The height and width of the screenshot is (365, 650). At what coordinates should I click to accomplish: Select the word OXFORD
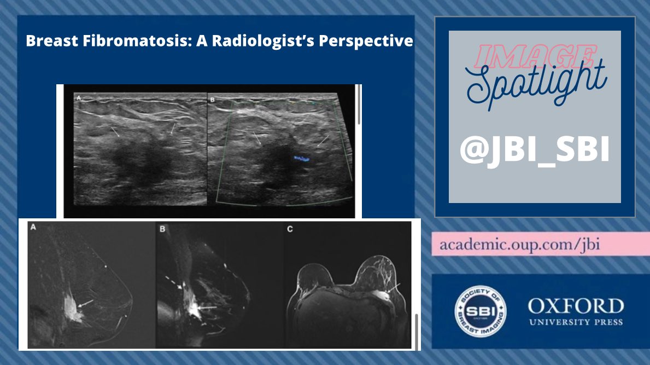[x=575, y=306]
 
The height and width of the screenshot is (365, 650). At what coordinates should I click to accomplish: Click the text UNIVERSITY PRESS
[x=575, y=322]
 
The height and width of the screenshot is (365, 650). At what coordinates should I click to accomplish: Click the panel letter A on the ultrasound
[x=78, y=99]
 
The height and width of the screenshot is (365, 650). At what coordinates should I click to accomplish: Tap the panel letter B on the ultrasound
[x=212, y=100]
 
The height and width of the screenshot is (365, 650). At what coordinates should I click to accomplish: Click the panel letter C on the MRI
[x=290, y=229]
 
